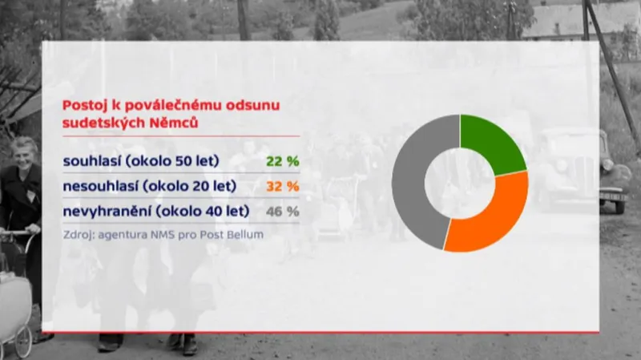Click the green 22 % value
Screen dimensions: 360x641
coord(282,161)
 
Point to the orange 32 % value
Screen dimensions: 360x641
coord(282,186)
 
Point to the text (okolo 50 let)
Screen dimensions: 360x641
coord(177,161)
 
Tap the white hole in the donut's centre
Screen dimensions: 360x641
coord(460,183)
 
